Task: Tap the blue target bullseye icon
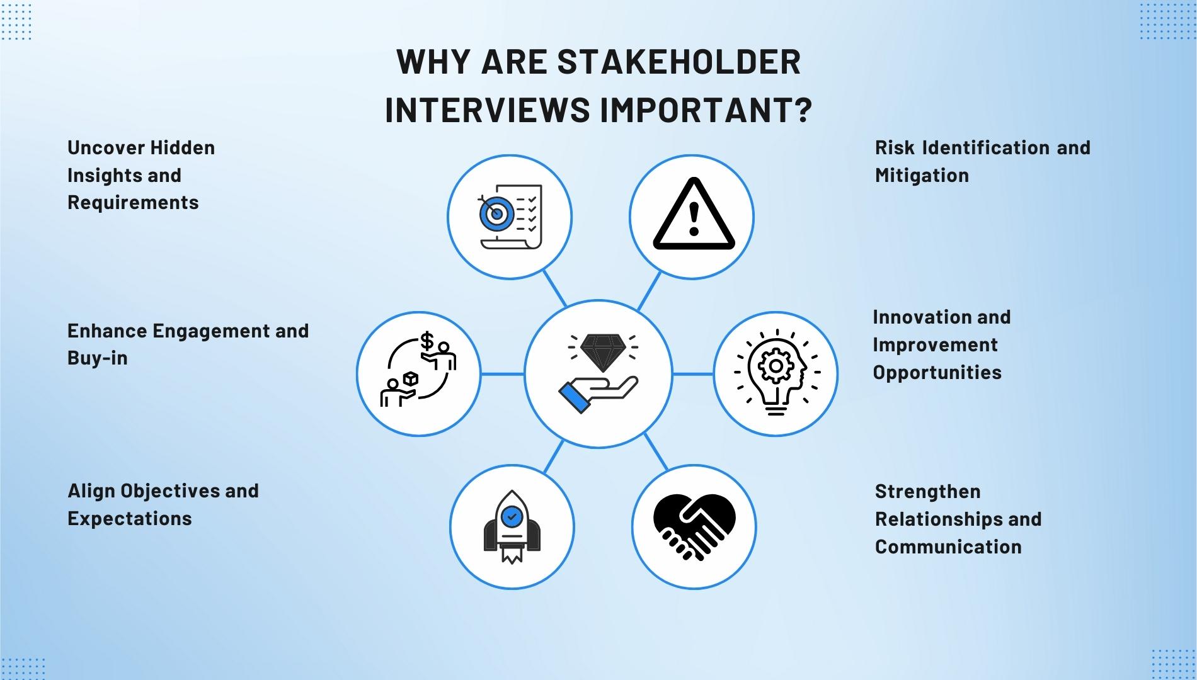496,213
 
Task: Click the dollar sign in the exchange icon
427,341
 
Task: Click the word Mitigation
922,176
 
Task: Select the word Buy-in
97,358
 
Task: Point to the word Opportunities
937,373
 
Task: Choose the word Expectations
129,519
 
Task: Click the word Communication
948,547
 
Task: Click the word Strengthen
927,492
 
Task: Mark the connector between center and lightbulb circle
693,374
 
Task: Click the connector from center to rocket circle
553,456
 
